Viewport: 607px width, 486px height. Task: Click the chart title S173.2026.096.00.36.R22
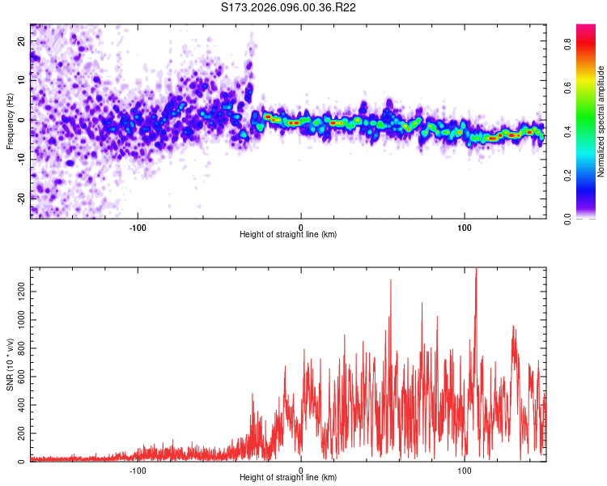tap(289, 7)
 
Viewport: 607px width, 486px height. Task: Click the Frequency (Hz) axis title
tap(10, 122)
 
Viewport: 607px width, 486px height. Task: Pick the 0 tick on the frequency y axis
tap(23, 119)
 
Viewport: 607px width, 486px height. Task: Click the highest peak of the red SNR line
tap(476, 269)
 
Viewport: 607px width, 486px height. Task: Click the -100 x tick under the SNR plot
tap(138, 469)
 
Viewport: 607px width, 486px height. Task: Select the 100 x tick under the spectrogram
tap(465, 226)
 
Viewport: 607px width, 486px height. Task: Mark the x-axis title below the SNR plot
tap(288, 478)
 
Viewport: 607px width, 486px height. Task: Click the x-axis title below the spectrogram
tap(288, 235)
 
